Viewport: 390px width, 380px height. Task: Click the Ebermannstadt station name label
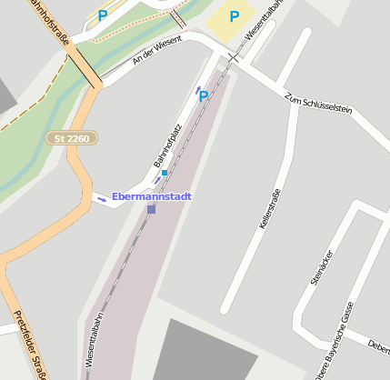152,195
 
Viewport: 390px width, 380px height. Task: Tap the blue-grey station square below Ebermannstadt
151,209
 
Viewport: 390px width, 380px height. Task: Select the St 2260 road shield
72,138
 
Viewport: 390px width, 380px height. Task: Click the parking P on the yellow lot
235,16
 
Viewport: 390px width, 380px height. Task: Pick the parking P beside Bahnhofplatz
204,95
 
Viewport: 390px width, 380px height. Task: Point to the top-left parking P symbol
103,15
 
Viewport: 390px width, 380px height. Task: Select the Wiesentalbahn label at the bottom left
95,341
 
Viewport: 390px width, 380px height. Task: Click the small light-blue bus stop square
165,173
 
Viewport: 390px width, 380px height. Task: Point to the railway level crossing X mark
234,57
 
